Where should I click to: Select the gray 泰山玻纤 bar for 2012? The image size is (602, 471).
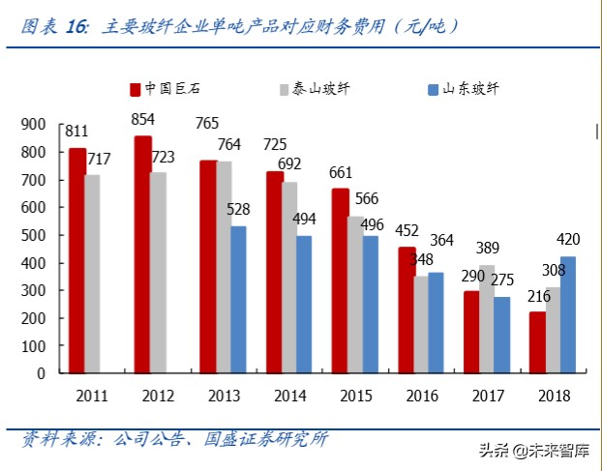click(x=158, y=272)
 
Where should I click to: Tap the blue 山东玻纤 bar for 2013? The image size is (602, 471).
click(x=238, y=299)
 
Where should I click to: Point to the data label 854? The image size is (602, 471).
click(x=143, y=119)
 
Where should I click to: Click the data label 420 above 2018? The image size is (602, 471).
click(x=568, y=240)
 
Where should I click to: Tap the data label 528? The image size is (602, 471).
click(x=240, y=209)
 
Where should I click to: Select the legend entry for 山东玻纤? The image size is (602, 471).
click(x=463, y=89)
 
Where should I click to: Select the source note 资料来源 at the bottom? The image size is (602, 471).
click(x=174, y=439)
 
